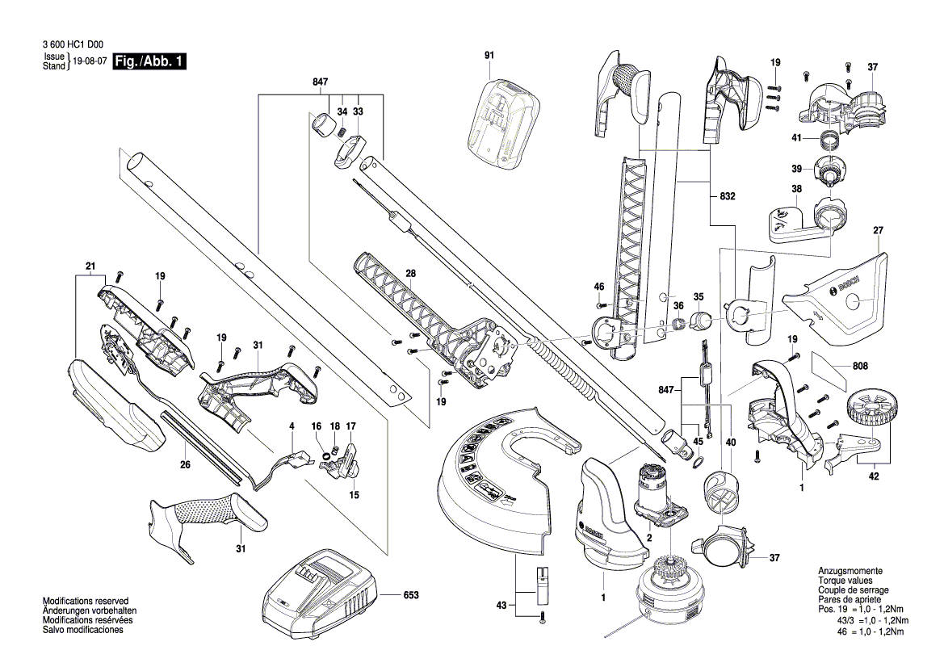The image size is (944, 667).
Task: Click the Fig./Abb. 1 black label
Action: pos(150,61)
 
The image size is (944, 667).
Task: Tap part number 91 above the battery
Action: pos(489,55)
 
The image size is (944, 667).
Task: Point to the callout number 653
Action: pos(411,596)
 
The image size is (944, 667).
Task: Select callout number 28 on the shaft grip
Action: pos(410,275)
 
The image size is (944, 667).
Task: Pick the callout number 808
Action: pos(862,366)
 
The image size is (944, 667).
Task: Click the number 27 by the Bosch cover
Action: pos(879,230)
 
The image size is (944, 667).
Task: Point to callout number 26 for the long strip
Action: pos(185,464)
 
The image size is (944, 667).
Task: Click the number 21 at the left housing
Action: pos(90,266)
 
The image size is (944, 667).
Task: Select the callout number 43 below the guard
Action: pos(501,606)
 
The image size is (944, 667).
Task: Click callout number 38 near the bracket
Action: pos(796,191)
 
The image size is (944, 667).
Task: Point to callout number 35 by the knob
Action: pos(699,296)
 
